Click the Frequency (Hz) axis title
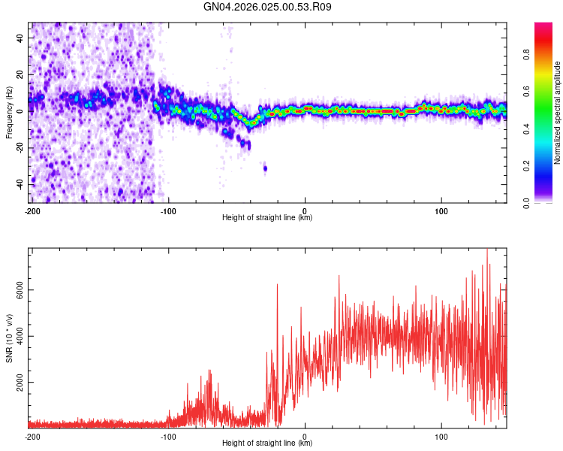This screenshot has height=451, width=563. tap(9, 112)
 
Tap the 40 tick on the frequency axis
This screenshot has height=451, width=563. tap(22, 37)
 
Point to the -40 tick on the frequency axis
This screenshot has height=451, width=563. tap(22, 184)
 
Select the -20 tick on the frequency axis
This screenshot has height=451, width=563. tap(22, 147)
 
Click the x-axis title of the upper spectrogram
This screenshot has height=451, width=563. tap(267, 218)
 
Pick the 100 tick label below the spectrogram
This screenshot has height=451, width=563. tap(441, 210)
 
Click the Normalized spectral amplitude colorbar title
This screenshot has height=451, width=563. tap(557, 113)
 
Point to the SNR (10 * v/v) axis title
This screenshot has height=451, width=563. tap(10, 338)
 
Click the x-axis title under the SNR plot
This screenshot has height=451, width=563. tap(267, 443)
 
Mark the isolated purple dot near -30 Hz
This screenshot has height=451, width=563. tap(265, 168)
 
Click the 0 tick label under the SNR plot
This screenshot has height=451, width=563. tap(305, 436)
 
